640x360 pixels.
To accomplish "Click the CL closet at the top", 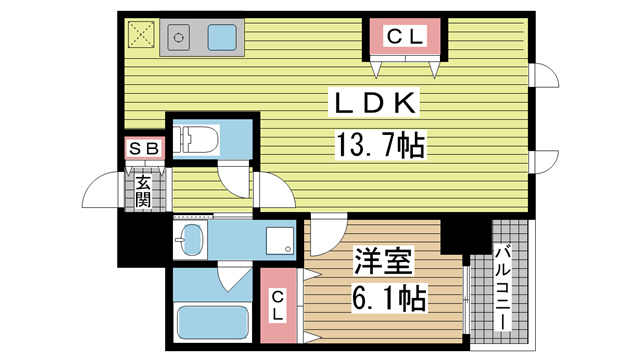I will (x=406, y=37).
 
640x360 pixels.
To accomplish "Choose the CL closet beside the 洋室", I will (x=280, y=300).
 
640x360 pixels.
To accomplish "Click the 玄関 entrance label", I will (x=143, y=191).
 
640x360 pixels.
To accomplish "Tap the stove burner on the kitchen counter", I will (x=180, y=39).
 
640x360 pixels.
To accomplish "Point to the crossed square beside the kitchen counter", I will (x=140, y=37).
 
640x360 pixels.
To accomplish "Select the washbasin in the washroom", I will (x=189, y=239).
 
